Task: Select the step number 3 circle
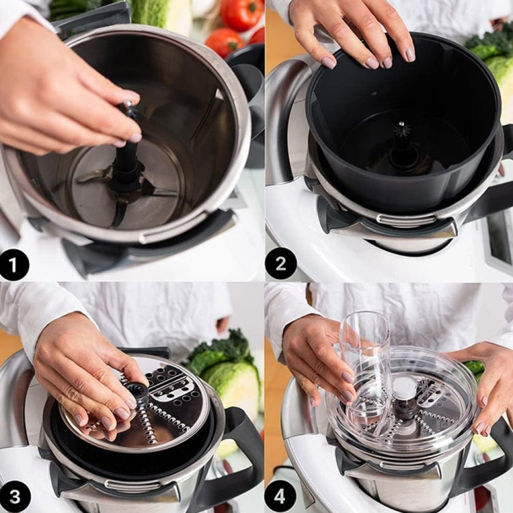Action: coord(14,497)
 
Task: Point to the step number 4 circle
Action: coord(280,497)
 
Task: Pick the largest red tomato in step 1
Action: coord(241,14)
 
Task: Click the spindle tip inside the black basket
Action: coord(402,130)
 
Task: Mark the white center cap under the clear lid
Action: coord(405,388)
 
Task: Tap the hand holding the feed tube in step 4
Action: coord(318,356)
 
